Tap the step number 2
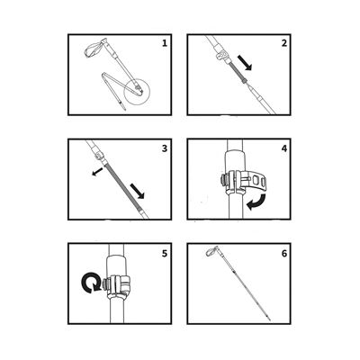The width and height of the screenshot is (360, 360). [x=284, y=42]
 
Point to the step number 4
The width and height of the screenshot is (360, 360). [x=283, y=147]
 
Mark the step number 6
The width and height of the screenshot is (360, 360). [x=284, y=253]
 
